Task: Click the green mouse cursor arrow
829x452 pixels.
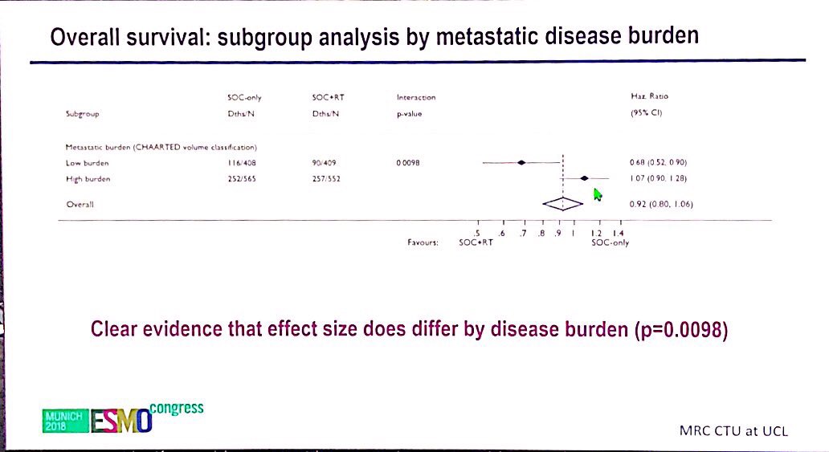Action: [x=597, y=195]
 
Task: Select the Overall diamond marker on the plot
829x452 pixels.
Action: [x=562, y=204]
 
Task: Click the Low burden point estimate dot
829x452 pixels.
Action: [x=521, y=162]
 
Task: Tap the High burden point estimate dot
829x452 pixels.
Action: [x=585, y=178]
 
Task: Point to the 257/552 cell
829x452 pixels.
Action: [x=326, y=178]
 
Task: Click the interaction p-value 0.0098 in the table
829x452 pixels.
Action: [x=407, y=162]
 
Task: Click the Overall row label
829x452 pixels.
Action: [x=80, y=205]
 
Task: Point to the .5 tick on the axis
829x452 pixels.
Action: [x=478, y=233]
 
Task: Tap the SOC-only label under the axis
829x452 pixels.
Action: [x=610, y=242]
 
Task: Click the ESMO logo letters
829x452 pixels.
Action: [x=120, y=420]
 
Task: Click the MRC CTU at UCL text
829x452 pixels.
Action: [x=733, y=431]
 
